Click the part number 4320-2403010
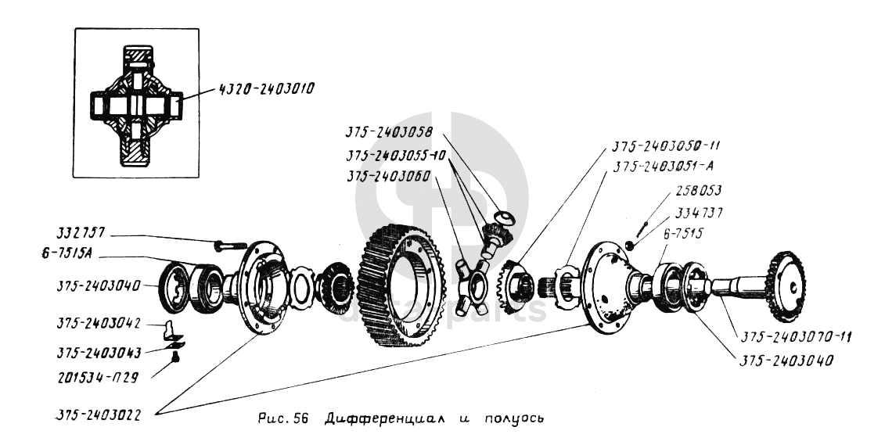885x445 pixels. [x=265, y=90]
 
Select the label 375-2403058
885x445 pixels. [x=389, y=133]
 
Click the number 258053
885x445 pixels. [x=699, y=191]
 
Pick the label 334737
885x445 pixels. [x=698, y=213]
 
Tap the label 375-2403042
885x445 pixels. [x=99, y=325]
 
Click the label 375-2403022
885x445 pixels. [x=99, y=414]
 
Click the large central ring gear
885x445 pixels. [x=400, y=285]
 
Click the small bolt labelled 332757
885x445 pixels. [x=228, y=246]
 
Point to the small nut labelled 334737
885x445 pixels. [x=630, y=246]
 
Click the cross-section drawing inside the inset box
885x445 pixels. [x=137, y=105]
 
